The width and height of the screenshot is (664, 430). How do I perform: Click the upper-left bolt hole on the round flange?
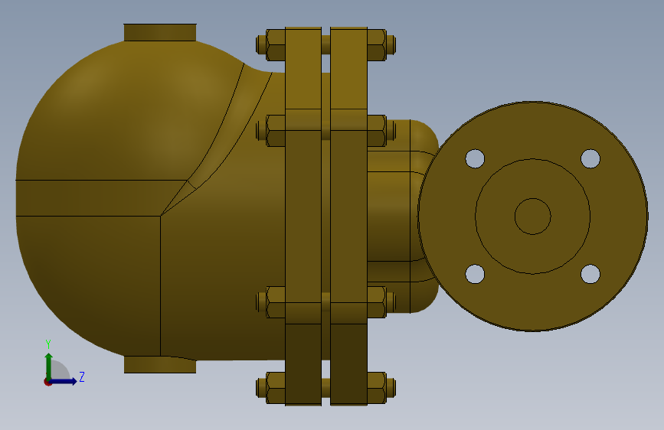pos(475,158)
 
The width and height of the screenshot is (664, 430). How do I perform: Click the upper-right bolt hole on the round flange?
pos(590,158)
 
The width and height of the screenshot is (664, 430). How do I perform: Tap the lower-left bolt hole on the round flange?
pos(475,274)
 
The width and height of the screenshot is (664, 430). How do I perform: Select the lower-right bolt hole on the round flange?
pos(590,274)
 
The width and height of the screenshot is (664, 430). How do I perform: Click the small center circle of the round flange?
pos(533,217)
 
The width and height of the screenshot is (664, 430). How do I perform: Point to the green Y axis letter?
pos(48,344)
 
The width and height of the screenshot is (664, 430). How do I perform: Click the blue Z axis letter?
pos(82,376)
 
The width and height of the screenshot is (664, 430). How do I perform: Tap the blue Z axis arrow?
pos(63,381)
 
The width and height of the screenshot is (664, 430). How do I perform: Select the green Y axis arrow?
pos(49,366)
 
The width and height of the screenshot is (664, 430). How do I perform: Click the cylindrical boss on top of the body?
pos(160,33)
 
